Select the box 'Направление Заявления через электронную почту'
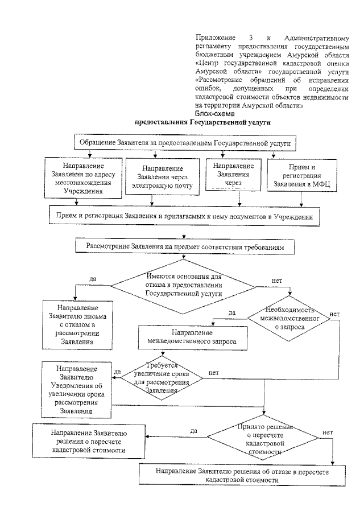click(163, 177)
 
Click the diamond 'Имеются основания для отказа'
click(183, 286)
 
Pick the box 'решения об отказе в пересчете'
click(242, 475)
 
